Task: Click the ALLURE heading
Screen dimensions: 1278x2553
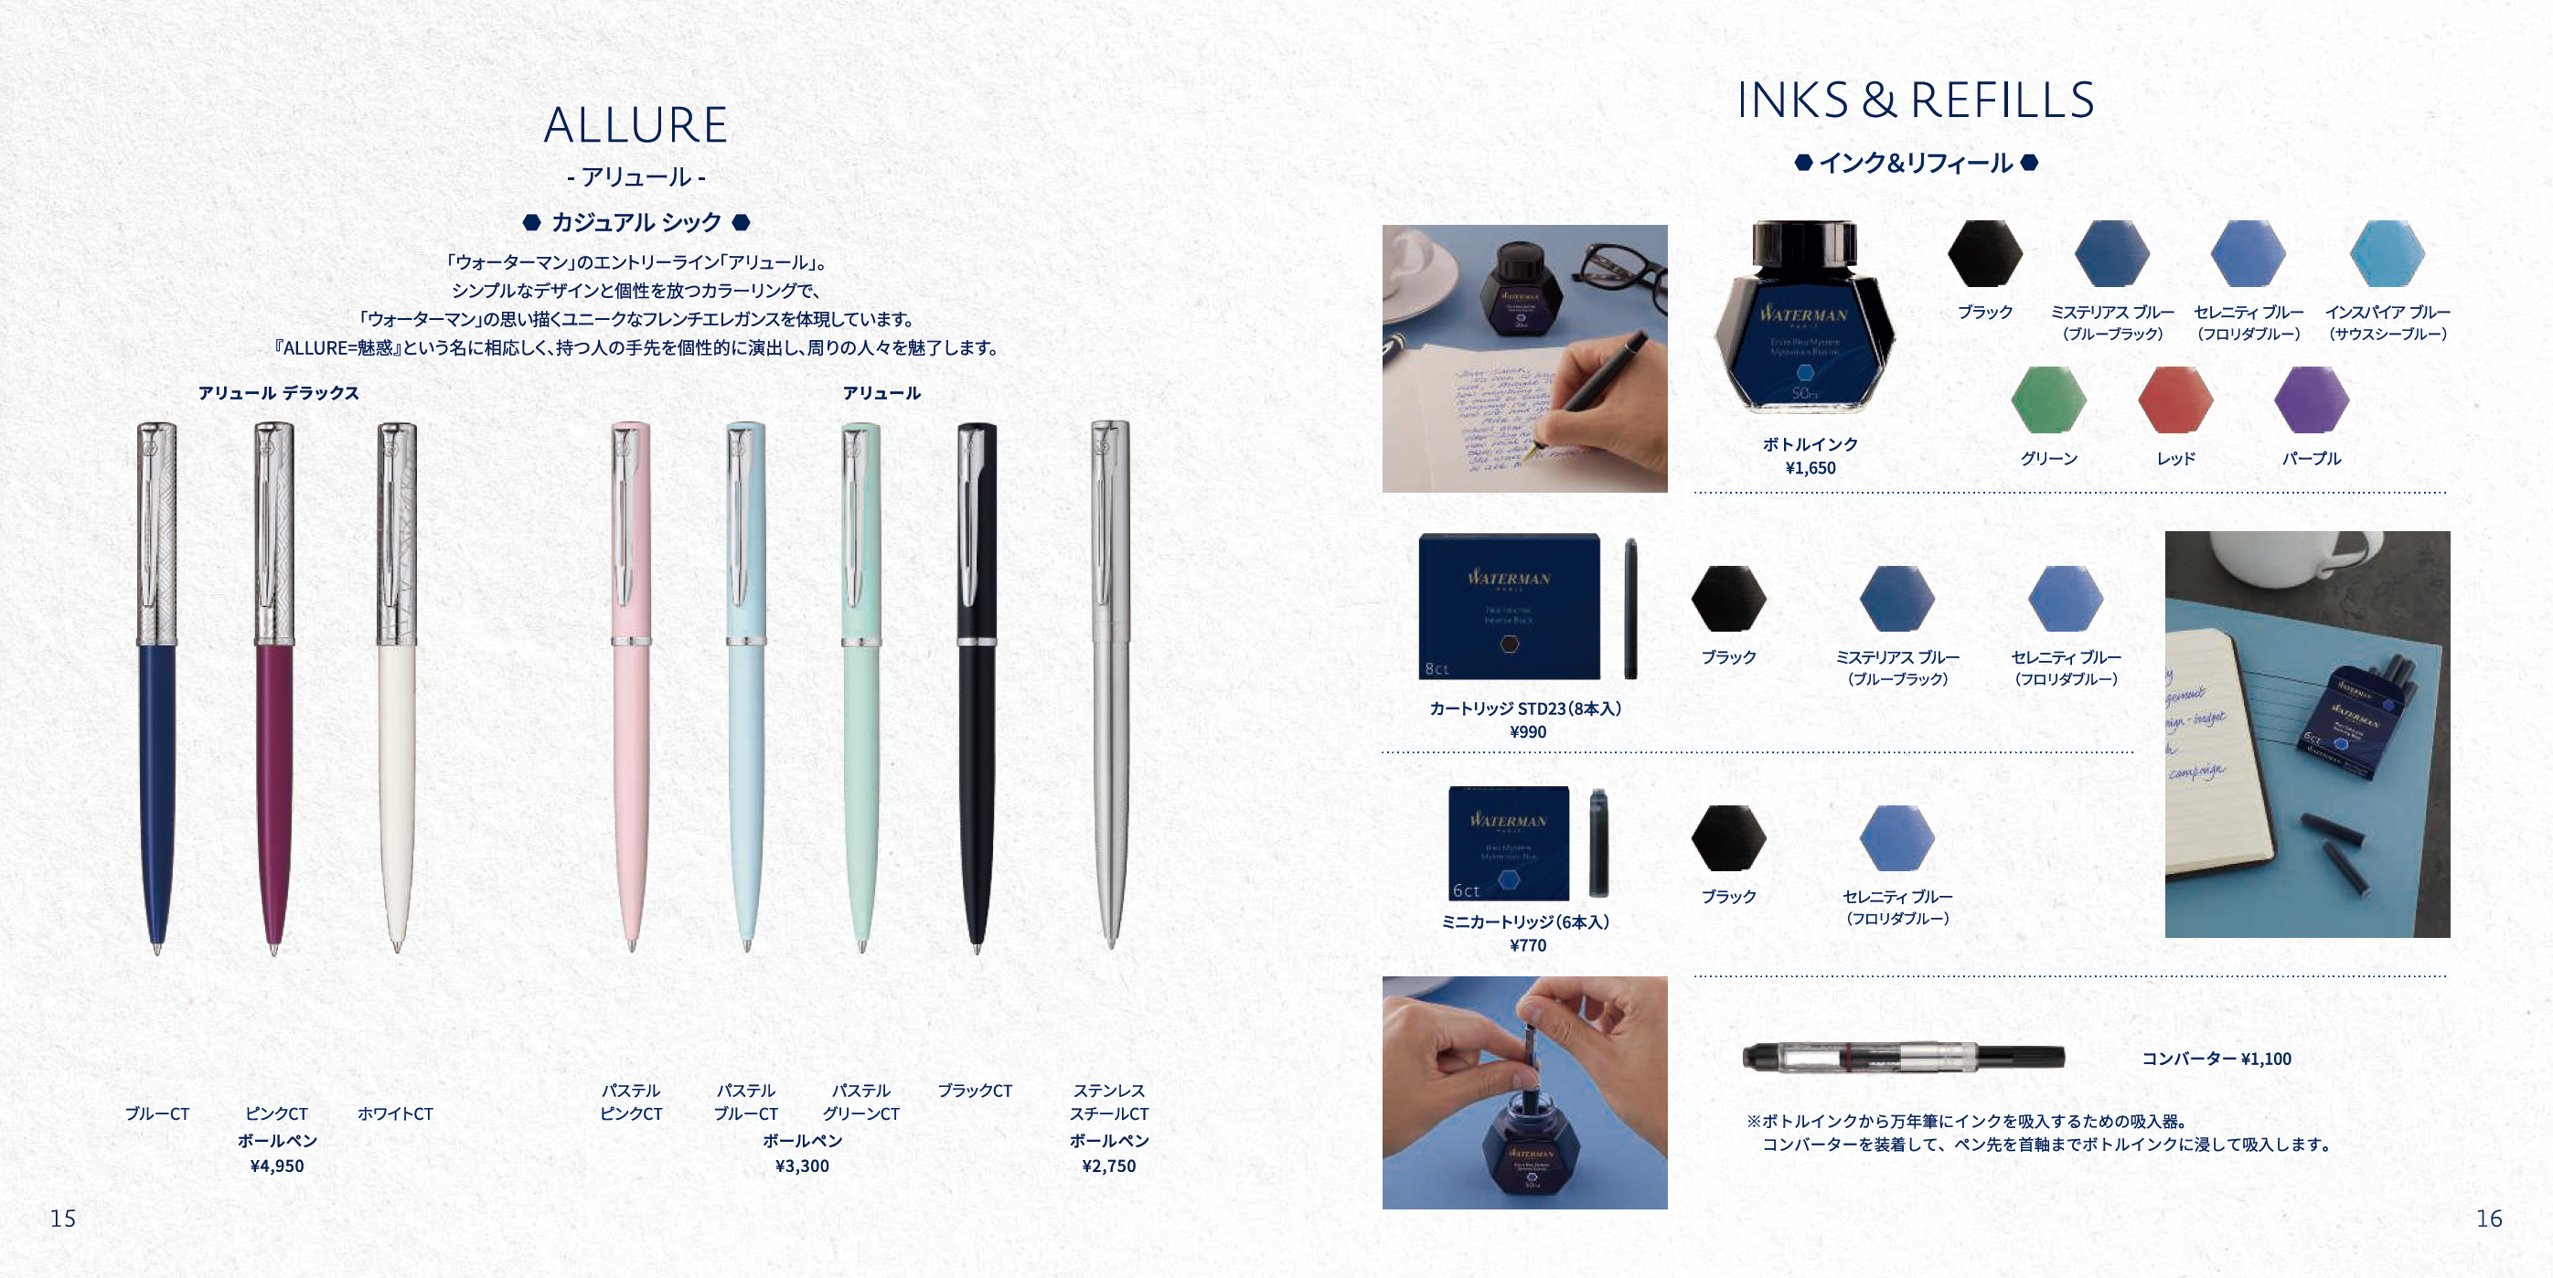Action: [636, 125]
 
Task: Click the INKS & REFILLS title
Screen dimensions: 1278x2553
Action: [1915, 100]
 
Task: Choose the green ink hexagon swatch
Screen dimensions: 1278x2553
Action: [2047, 400]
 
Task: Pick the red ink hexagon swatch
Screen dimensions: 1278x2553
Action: [2175, 400]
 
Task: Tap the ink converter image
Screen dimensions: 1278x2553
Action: [1903, 1057]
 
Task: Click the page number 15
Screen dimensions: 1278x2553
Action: [62, 1219]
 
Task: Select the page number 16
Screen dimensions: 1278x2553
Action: [2489, 1219]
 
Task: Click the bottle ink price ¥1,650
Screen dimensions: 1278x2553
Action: [1810, 468]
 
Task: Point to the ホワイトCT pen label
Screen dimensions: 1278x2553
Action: [394, 1113]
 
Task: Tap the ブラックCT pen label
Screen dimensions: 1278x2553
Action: [974, 1091]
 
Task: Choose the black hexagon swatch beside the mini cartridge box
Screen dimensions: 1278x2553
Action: [1728, 838]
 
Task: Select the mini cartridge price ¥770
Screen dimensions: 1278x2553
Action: [1527, 945]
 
